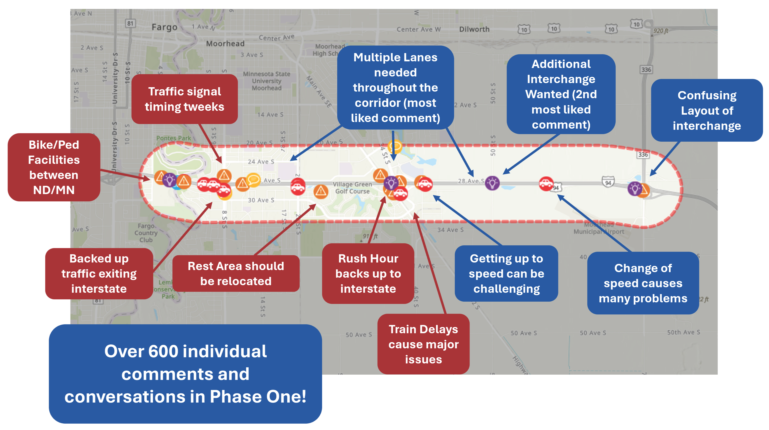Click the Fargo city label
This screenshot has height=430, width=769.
[164, 27]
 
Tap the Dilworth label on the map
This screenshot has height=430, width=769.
[474, 29]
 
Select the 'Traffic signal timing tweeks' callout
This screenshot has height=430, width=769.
[184, 99]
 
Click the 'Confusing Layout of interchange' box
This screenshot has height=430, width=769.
[707, 111]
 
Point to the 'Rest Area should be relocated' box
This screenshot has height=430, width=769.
[236, 273]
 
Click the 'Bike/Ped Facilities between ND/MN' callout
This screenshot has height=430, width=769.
[54, 167]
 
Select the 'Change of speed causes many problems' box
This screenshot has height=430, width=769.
[643, 283]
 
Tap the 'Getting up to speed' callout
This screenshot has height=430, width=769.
[506, 273]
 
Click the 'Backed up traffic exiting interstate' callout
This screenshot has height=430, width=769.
[99, 273]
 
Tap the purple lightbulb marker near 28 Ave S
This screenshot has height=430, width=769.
[492, 183]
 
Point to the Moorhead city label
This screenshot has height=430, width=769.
[225, 44]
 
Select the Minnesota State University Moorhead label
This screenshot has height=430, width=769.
[266, 81]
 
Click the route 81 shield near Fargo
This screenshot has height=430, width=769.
[130, 23]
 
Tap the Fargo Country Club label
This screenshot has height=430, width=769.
[146, 233]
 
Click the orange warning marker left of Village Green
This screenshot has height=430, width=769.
[321, 191]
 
